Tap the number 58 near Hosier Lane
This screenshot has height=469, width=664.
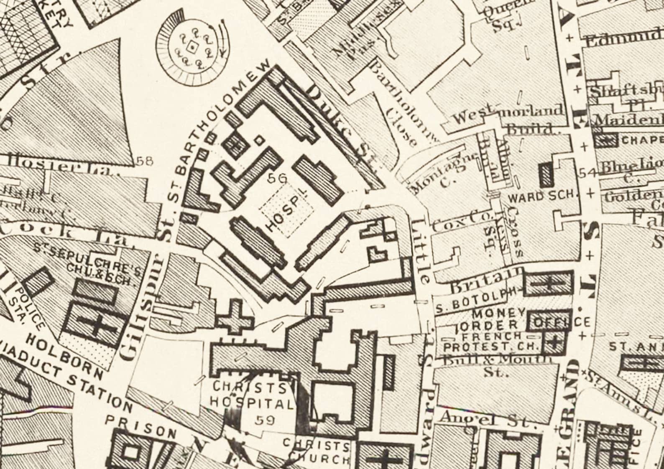[x=145, y=160]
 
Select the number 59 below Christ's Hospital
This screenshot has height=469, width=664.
[x=265, y=420]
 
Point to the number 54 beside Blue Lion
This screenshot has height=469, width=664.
[x=586, y=172]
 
